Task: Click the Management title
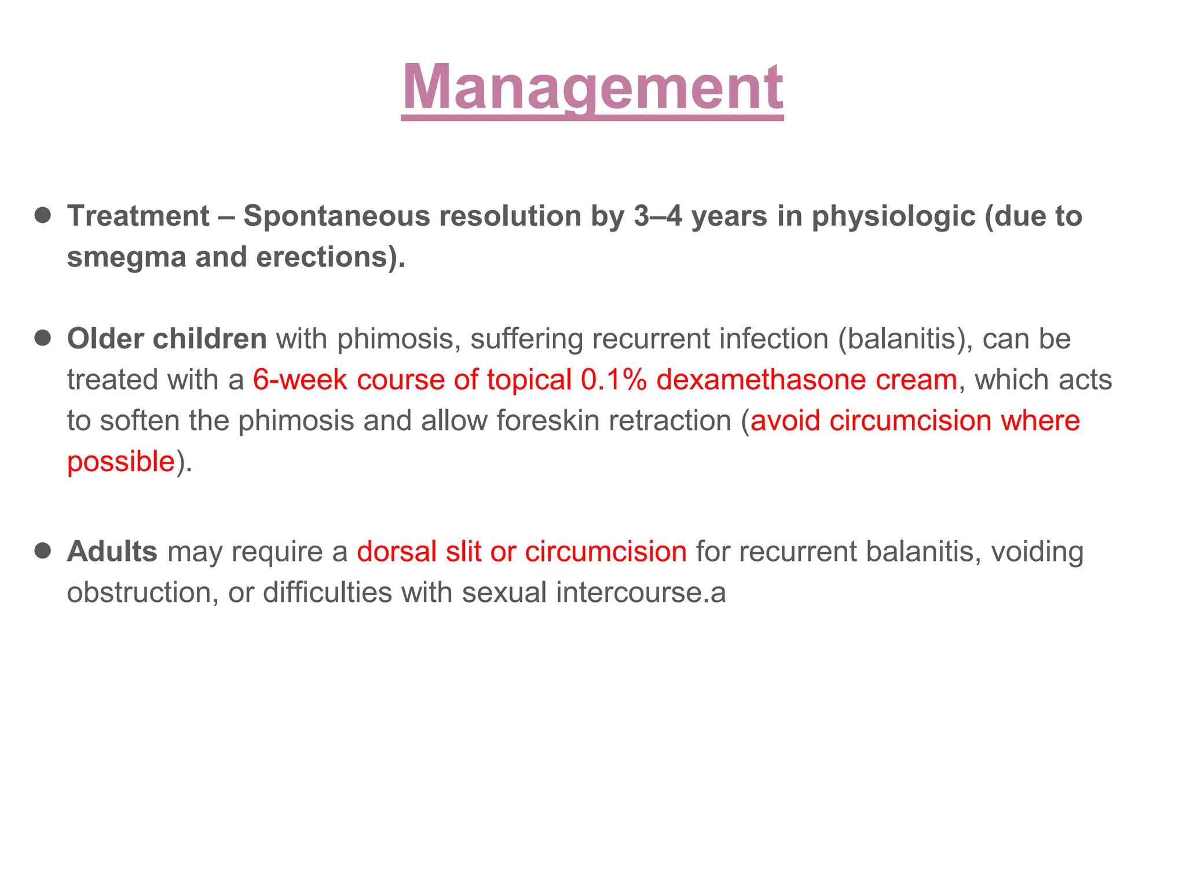(592, 88)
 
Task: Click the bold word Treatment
(138, 216)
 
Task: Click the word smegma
(126, 258)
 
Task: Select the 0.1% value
(613, 380)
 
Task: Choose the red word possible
(121, 462)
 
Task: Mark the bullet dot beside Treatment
(43, 216)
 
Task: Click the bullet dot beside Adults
(43, 550)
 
